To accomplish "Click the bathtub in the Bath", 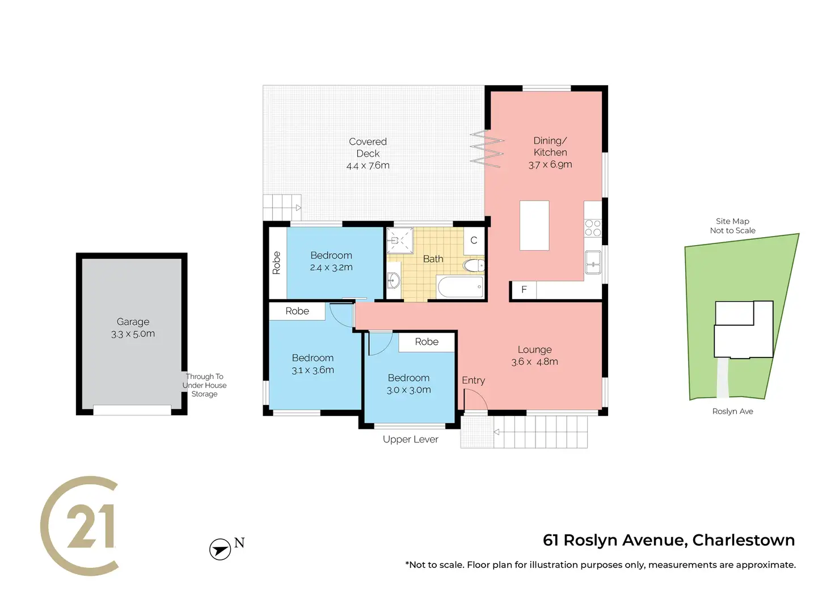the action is click(460, 287).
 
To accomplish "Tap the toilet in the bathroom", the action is click(473, 265).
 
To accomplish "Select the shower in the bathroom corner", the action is click(400, 241).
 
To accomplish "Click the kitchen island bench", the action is click(534, 225).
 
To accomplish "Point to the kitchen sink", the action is click(593, 262).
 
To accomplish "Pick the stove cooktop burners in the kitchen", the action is click(593, 228).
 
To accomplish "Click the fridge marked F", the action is click(524, 290).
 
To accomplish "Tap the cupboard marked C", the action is click(474, 241).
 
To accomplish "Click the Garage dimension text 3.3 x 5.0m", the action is click(133, 334).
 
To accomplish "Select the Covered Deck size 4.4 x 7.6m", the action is click(368, 166).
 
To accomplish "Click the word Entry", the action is click(473, 380).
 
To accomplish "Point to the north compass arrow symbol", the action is click(220, 549).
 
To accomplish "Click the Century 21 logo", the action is click(79, 526).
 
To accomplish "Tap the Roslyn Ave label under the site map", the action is click(732, 411).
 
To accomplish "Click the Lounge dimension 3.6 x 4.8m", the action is click(534, 362).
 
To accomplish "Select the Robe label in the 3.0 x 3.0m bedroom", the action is click(427, 342).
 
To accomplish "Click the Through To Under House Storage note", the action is click(204, 385).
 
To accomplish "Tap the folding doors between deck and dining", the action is click(487, 149).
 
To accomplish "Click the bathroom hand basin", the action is click(393, 280).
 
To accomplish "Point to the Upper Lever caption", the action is click(410, 440).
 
